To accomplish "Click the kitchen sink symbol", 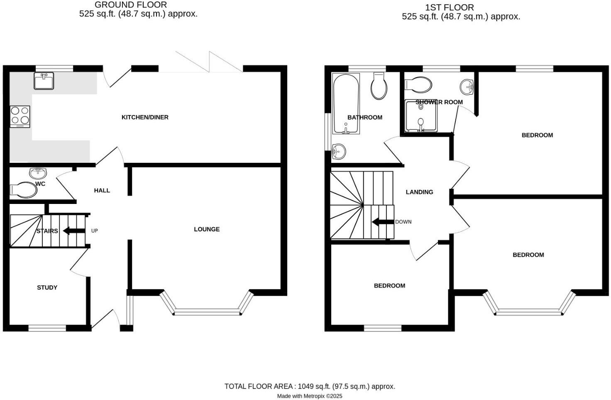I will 44,81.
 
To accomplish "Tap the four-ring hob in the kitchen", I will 20,116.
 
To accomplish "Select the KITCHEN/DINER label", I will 145,118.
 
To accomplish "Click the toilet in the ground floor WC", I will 24,190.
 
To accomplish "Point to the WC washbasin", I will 38,172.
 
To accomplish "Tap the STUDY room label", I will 47,287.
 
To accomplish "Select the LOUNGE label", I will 207,229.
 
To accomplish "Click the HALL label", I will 102,191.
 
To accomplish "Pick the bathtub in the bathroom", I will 346,104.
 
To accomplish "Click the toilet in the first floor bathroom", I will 379,86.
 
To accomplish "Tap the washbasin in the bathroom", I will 338,151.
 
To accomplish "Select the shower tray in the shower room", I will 421,116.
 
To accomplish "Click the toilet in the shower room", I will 418,84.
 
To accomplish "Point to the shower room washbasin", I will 467,86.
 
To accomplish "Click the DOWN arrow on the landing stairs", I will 383,222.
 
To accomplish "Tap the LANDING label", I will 419,192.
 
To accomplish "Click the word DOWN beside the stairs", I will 403,222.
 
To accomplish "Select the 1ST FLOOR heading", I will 449,7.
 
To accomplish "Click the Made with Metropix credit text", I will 310,396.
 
